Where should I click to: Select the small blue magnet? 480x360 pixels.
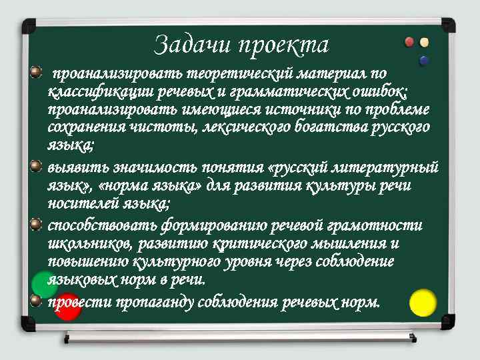pyautogui.click(x=423, y=61)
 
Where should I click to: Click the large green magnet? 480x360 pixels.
pyautogui.click(x=44, y=285)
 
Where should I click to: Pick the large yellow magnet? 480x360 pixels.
pyautogui.click(x=423, y=303)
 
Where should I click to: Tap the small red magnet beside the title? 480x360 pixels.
pyautogui.click(x=409, y=43)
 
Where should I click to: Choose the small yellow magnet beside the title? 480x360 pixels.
pyautogui.click(x=424, y=43)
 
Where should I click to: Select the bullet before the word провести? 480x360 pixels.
pyautogui.click(x=36, y=299)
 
